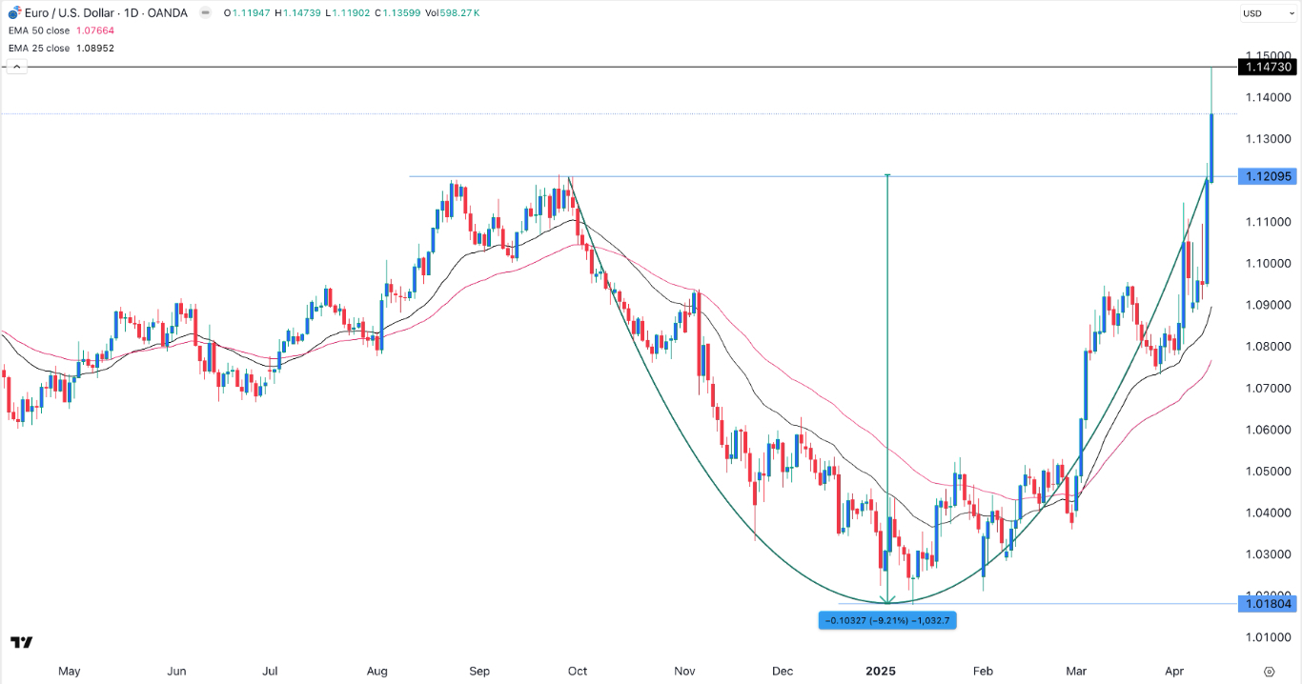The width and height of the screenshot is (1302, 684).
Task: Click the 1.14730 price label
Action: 1266,67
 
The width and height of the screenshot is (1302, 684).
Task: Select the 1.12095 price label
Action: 1266,176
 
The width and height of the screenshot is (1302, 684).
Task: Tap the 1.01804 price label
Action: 1266,603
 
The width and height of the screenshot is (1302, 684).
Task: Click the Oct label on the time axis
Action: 577,671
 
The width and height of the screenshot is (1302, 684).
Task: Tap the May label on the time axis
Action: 69,671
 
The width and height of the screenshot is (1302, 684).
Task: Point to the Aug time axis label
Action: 376,671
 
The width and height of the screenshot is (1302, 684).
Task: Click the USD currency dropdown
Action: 1265,13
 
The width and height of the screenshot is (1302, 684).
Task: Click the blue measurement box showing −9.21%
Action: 887,620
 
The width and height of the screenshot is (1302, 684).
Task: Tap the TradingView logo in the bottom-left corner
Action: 22,643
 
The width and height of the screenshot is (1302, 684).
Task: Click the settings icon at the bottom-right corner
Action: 1270,671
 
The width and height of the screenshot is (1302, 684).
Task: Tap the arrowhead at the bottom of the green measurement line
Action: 887,600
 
